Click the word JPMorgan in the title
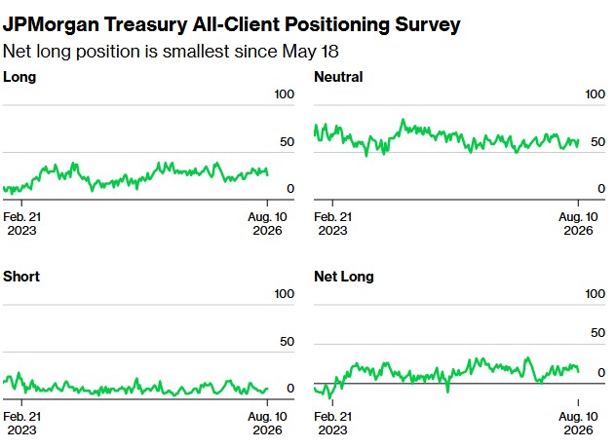pos(51,24)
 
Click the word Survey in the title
pos(428,24)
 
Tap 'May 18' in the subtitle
pos(310,52)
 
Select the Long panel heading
pos(19,77)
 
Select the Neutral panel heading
pos(338,77)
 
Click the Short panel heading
pos(21,277)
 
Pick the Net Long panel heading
pos(344,277)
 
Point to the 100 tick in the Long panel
pos(284,94)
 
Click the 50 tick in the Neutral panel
pos(597,142)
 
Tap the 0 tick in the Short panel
pos(290,389)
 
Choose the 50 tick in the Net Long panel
pos(597,332)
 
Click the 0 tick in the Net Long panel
pos(601,372)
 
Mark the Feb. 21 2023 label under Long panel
pos(22,223)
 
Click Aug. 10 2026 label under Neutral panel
pos(578,223)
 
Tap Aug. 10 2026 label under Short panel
pos(267,423)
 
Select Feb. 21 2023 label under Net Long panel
pos(332,423)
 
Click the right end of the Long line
pos(267,174)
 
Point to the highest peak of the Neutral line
pos(403,120)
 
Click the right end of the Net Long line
pos(578,371)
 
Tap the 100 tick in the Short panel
pos(284,294)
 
